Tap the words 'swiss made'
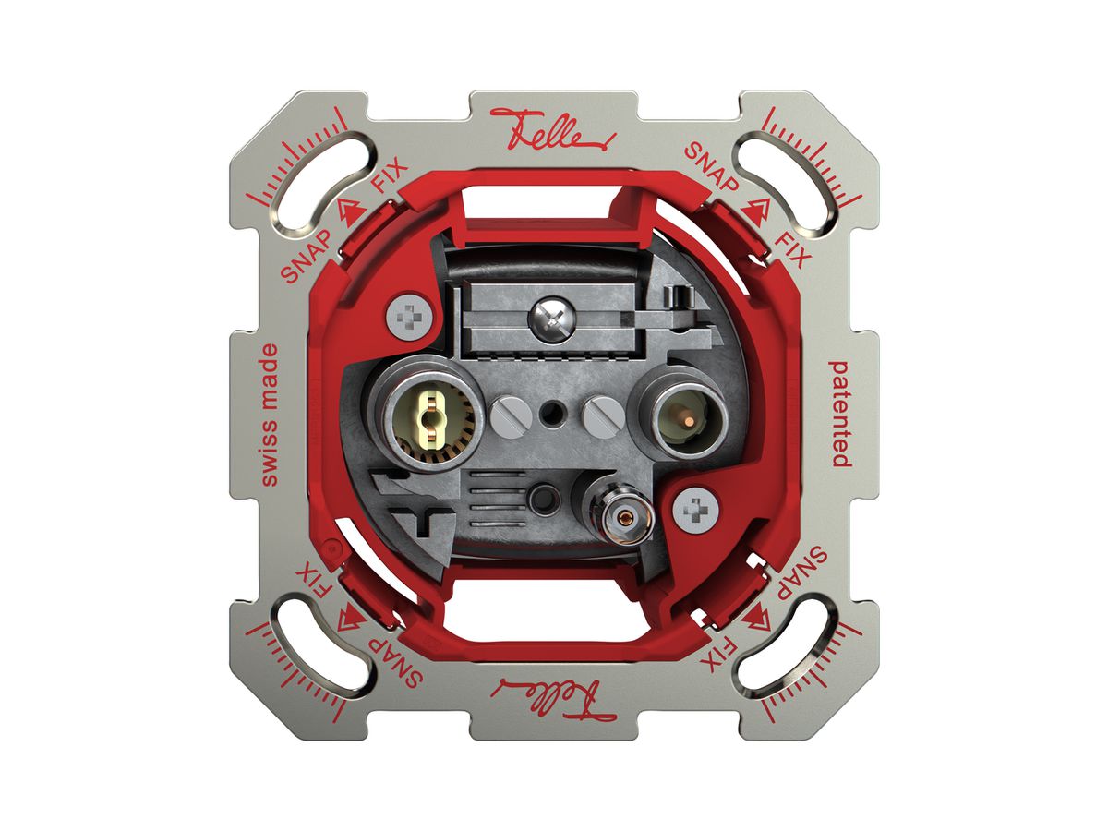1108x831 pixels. tap(270, 415)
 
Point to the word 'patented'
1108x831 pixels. tap(840, 414)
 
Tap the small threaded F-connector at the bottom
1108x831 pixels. tap(627, 517)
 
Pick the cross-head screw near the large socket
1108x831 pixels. tap(410, 318)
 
